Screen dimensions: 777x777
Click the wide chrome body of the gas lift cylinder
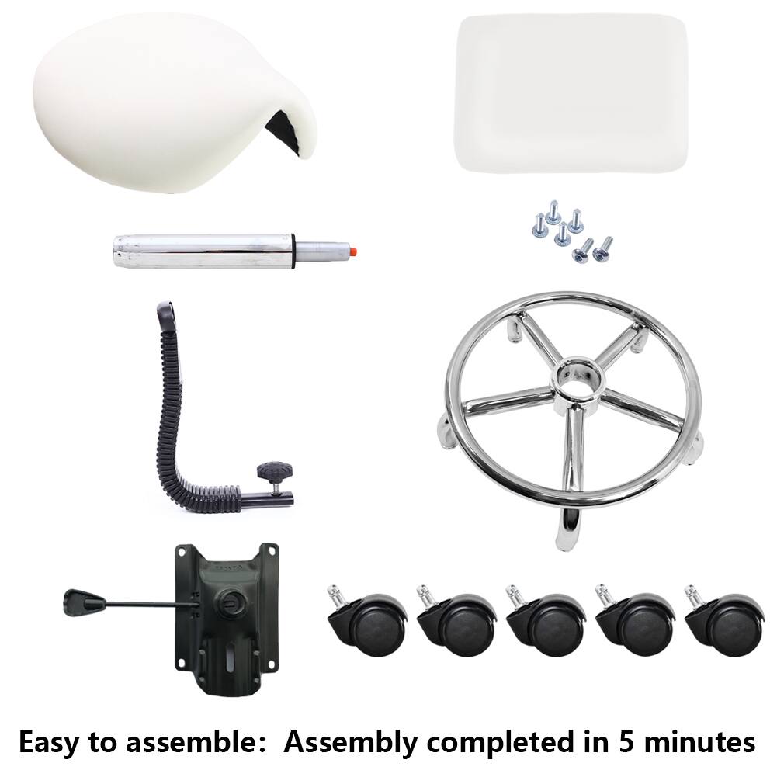point(202,251)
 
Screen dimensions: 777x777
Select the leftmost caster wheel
point(365,621)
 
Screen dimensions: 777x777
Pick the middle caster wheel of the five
point(543,621)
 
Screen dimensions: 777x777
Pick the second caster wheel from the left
point(454,621)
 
